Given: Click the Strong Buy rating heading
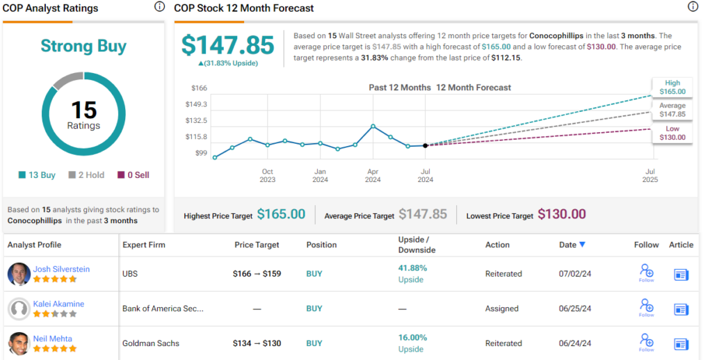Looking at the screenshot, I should pyautogui.click(x=83, y=47).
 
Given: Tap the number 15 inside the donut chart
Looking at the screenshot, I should pyautogui.click(x=83, y=110).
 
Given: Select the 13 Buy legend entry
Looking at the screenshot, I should pyautogui.click(x=38, y=175).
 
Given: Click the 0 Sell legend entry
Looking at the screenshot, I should pyautogui.click(x=133, y=175).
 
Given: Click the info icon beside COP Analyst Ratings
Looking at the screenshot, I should pyautogui.click(x=159, y=8).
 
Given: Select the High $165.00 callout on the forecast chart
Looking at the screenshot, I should pyautogui.click(x=672, y=87).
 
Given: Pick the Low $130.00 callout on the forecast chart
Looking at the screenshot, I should pyautogui.click(x=672, y=133).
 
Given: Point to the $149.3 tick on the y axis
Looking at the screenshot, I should pyautogui.click(x=197, y=104).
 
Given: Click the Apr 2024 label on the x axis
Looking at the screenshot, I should pyautogui.click(x=373, y=175).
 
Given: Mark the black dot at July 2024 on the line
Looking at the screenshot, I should pyautogui.click(x=426, y=145).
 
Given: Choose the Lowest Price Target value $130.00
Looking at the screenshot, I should pyautogui.click(x=562, y=215).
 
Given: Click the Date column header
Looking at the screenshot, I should pyautogui.click(x=572, y=245).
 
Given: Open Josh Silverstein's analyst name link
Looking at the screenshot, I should pyautogui.click(x=61, y=269).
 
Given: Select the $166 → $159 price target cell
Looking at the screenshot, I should pyautogui.click(x=257, y=274).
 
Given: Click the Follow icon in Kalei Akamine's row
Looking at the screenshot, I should pyautogui.click(x=647, y=308).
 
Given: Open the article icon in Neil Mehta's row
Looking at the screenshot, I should pyautogui.click(x=681, y=343).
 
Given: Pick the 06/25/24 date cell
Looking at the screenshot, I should pyautogui.click(x=574, y=309).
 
